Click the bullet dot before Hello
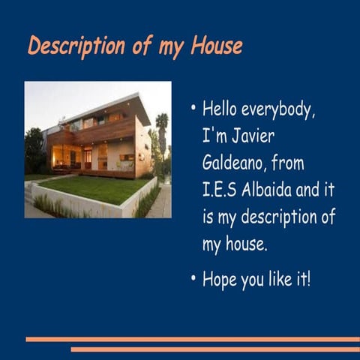[193, 109]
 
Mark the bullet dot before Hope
[193, 279]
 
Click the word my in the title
[171, 46]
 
